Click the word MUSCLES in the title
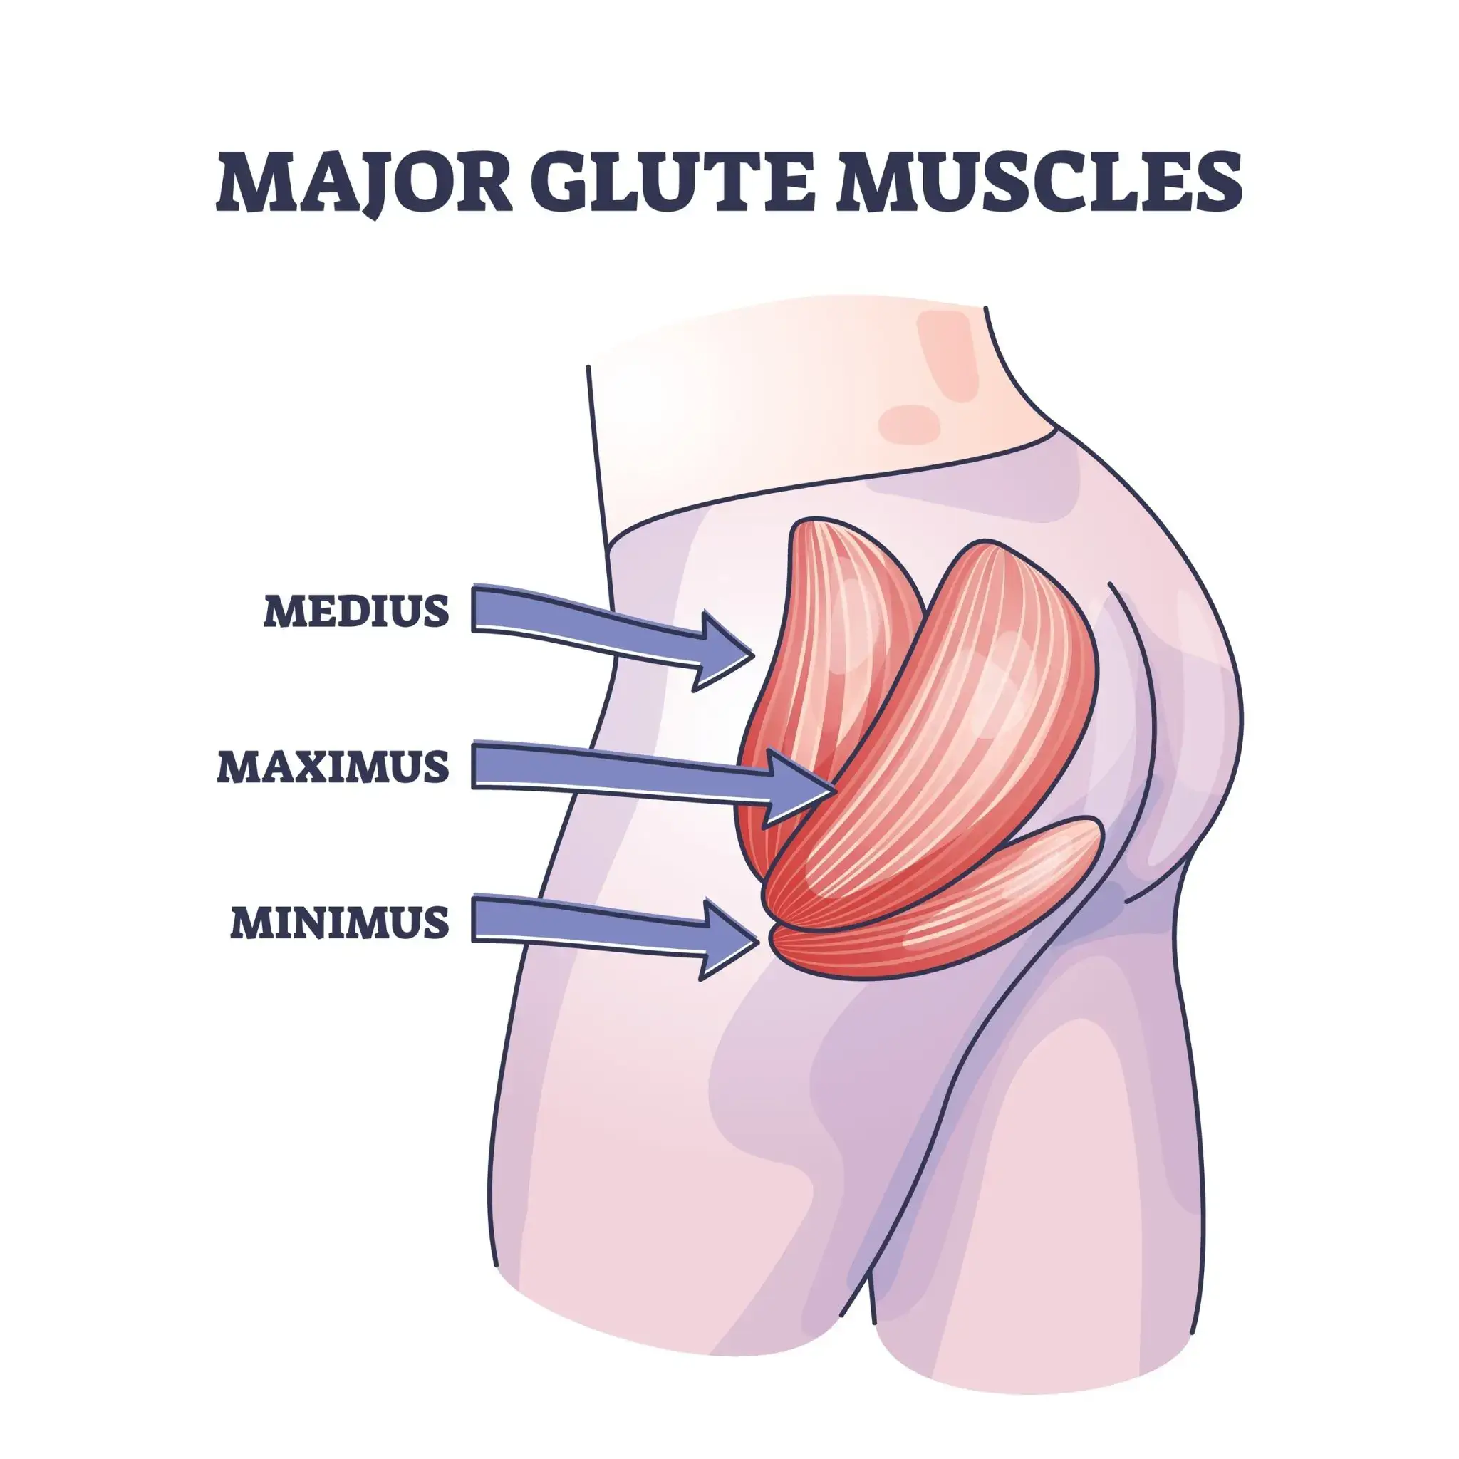tap(1041, 181)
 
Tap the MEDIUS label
tap(356, 611)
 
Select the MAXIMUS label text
tap(333, 767)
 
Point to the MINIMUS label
tap(340, 922)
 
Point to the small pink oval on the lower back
tap(909, 424)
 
